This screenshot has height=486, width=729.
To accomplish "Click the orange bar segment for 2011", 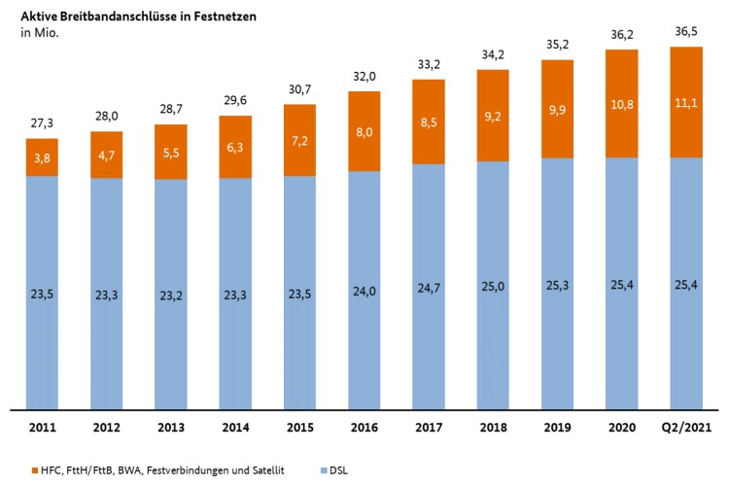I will tap(42, 157).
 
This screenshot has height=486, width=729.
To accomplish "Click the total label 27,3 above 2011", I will tap(42, 124).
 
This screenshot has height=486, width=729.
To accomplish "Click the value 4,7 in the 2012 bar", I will tap(107, 153).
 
